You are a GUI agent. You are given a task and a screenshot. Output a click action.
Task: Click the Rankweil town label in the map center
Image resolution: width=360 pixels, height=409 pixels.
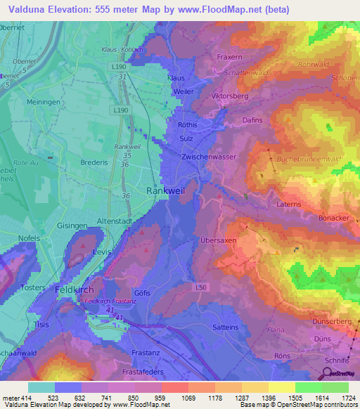(x=165, y=190)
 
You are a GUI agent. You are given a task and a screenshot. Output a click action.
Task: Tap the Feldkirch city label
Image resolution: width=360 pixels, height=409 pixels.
(x=74, y=290)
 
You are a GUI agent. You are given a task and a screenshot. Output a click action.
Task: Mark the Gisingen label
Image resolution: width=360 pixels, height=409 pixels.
(x=52, y=226)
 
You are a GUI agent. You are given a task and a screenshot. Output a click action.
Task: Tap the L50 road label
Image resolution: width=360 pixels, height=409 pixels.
(x=201, y=287)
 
